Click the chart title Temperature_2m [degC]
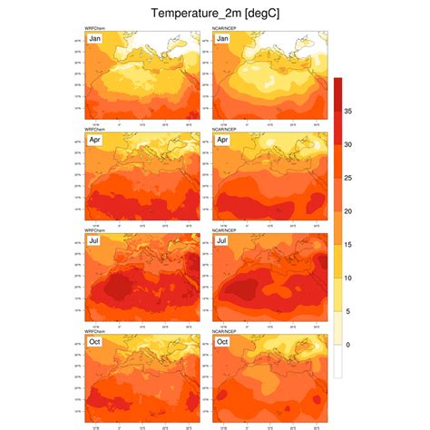tap(216, 14)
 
